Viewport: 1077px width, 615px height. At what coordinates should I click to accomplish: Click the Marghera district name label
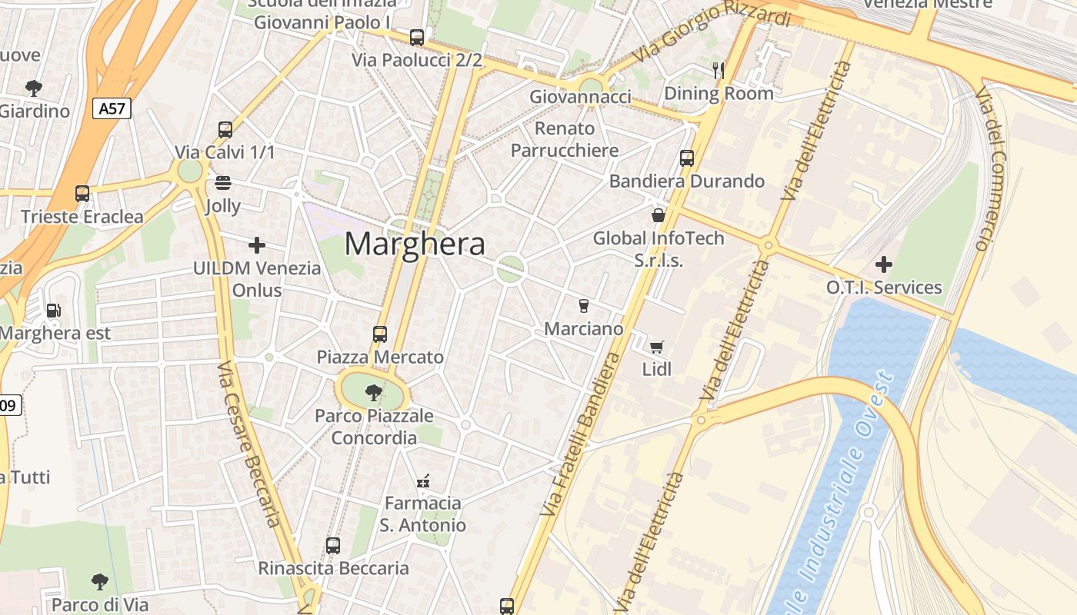pos(415,244)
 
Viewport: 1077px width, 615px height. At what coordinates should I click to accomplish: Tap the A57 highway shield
pos(112,108)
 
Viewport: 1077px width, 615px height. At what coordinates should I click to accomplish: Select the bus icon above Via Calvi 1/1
pos(225,130)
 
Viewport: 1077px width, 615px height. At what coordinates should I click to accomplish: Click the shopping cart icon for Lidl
pos(656,347)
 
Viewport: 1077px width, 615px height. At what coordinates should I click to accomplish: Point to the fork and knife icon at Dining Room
pos(719,71)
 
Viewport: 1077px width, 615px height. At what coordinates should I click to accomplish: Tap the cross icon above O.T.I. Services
pos(884,264)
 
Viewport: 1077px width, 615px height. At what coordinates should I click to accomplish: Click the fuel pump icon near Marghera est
pos(53,311)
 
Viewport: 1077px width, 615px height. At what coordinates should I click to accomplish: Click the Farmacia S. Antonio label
pos(422,514)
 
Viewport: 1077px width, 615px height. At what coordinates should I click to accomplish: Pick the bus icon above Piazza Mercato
pos(380,334)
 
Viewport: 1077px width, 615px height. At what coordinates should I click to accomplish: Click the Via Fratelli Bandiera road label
pos(582,434)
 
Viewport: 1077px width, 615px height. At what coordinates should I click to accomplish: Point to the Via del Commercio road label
pos(992,169)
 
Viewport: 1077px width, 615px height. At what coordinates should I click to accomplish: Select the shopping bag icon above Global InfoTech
pos(658,215)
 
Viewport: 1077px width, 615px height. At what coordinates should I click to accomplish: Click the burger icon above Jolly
pos(223,183)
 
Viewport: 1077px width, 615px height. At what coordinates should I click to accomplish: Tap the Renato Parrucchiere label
pos(565,139)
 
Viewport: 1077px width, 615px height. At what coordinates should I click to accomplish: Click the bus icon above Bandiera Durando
pos(687,158)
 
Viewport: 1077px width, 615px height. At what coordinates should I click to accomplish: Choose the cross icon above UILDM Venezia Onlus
pos(257,245)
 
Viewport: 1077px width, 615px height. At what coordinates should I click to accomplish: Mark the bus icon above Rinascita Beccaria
pos(333,546)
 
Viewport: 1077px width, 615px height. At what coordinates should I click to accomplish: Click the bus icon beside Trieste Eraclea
pos(82,194)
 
